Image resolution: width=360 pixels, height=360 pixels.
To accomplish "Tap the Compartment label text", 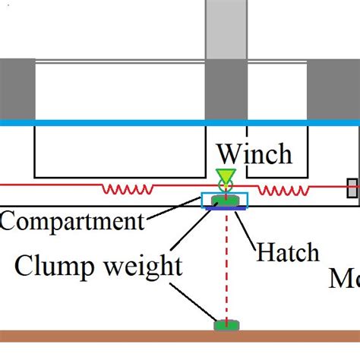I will tap(71, 222).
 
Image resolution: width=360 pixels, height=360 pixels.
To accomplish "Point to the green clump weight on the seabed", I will tap(226, 325).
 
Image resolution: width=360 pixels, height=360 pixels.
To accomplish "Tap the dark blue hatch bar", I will tap(226, 207).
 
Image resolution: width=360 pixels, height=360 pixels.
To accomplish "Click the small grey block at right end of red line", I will tap(352, 188).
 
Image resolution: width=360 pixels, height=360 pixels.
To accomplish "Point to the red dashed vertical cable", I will tap(226, 266).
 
